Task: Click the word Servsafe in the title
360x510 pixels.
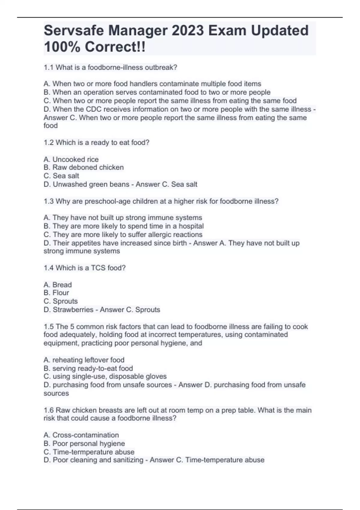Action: coord(73,31)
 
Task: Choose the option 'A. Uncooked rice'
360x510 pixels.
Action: coord(71,159)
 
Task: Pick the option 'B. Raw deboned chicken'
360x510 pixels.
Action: coord(84,167)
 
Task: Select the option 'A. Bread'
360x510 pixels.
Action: coord(58,285)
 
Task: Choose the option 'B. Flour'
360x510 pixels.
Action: coord(56,293)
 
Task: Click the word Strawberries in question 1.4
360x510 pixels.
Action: coord(73,310)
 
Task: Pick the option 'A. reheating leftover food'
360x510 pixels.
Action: coord(84,360)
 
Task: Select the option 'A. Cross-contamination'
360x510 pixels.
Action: coord(81,435)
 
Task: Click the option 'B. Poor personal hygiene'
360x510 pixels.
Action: coord(84,443)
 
